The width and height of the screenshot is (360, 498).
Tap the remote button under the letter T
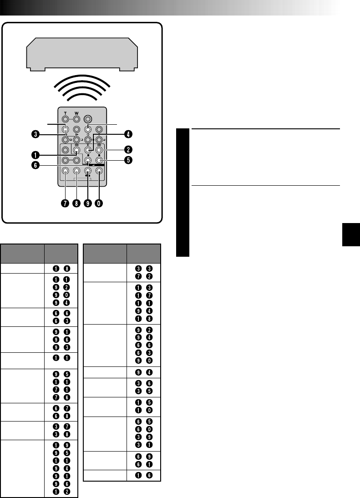pos(66,117)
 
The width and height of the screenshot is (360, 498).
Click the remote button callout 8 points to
pos(76,171)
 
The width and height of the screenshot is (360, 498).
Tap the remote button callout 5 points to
pos(98,160)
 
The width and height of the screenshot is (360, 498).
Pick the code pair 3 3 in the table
pos(144,269)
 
